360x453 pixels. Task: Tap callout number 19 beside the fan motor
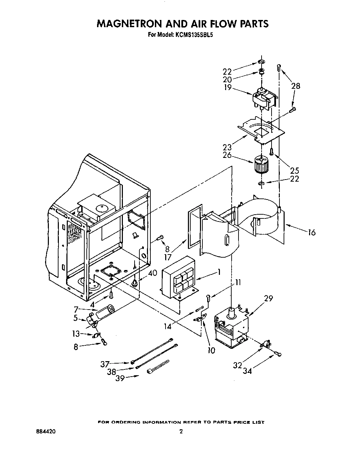(228, 88)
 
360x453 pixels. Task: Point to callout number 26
(227, 155)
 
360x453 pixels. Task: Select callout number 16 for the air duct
(311, 233)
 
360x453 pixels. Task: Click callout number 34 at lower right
(248, 371)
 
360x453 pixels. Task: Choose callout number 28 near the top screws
(295, 86)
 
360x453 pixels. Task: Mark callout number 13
(76, 334)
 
